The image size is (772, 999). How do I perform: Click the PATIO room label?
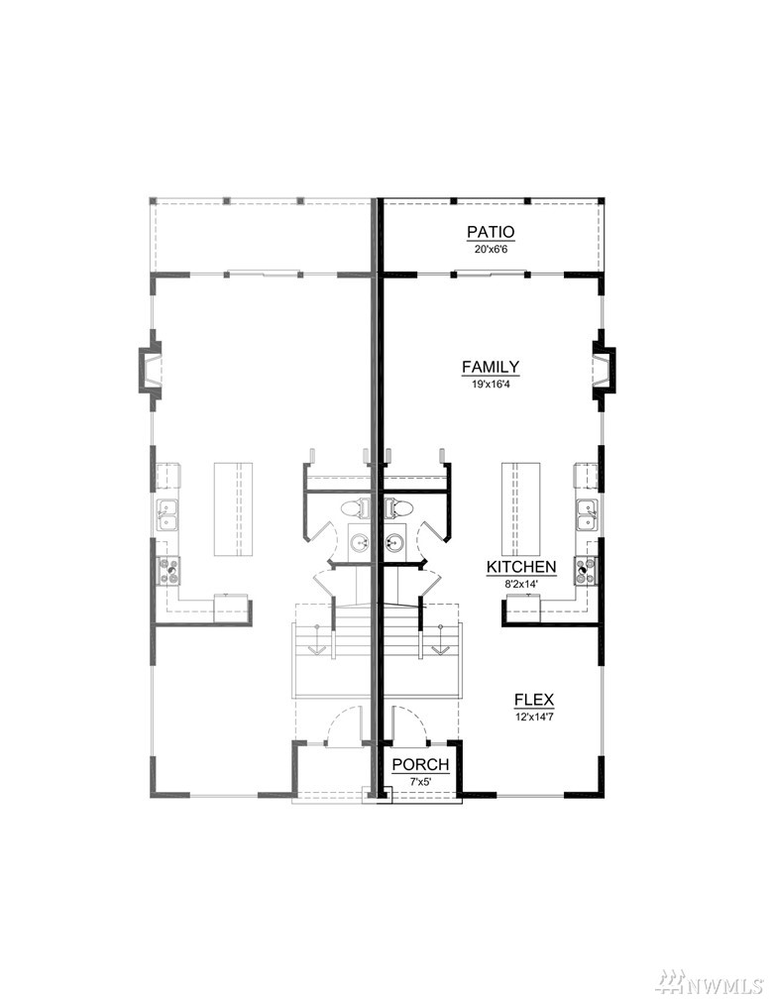491,232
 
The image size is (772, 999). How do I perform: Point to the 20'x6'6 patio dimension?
491,249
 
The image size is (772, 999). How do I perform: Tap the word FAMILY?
491,367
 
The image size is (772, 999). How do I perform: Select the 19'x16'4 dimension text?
491,385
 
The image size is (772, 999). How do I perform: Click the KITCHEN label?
521,567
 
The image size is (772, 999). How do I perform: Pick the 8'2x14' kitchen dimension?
521,583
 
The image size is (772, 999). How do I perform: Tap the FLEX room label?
534,700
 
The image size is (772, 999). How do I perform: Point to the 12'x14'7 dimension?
534,717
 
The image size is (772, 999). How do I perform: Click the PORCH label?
420,764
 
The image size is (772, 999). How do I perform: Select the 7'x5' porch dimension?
420,781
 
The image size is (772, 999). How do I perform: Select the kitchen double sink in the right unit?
587,514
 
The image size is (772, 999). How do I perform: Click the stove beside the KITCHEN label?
586,570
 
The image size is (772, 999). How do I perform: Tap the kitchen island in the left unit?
233,508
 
